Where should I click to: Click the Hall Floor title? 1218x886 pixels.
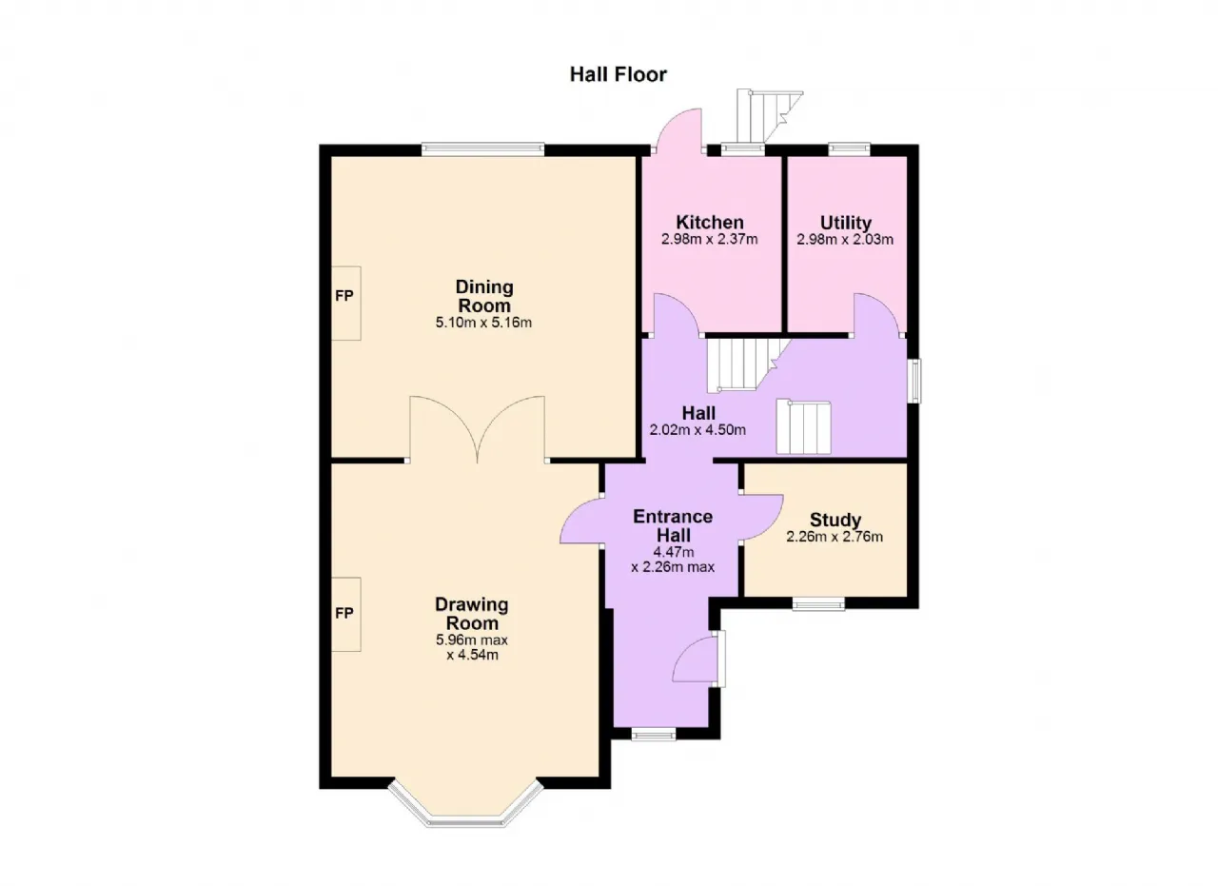coord(618,74)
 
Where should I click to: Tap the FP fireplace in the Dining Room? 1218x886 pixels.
coord(345,303)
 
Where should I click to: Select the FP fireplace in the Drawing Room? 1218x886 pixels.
coord(345,614)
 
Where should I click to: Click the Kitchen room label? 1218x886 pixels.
coord(710,222)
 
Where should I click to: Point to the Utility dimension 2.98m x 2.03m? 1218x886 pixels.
coord(845,239)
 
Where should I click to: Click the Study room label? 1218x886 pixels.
coord(835,520)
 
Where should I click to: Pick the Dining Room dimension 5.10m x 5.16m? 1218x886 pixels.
coord(483,323)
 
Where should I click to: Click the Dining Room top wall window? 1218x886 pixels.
coord(482,149)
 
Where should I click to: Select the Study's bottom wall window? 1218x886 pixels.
coord(818,603)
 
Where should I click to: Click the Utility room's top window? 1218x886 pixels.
coord(850,149)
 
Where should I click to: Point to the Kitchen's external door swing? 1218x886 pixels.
coord(678,130)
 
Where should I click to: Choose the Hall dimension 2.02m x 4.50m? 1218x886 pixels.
coord(697,429)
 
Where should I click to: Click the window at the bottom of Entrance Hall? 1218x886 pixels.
coord(654,735)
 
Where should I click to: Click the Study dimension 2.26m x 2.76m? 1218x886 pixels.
coord(835,537)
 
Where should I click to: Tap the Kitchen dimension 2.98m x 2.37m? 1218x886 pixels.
coord(710,239)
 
